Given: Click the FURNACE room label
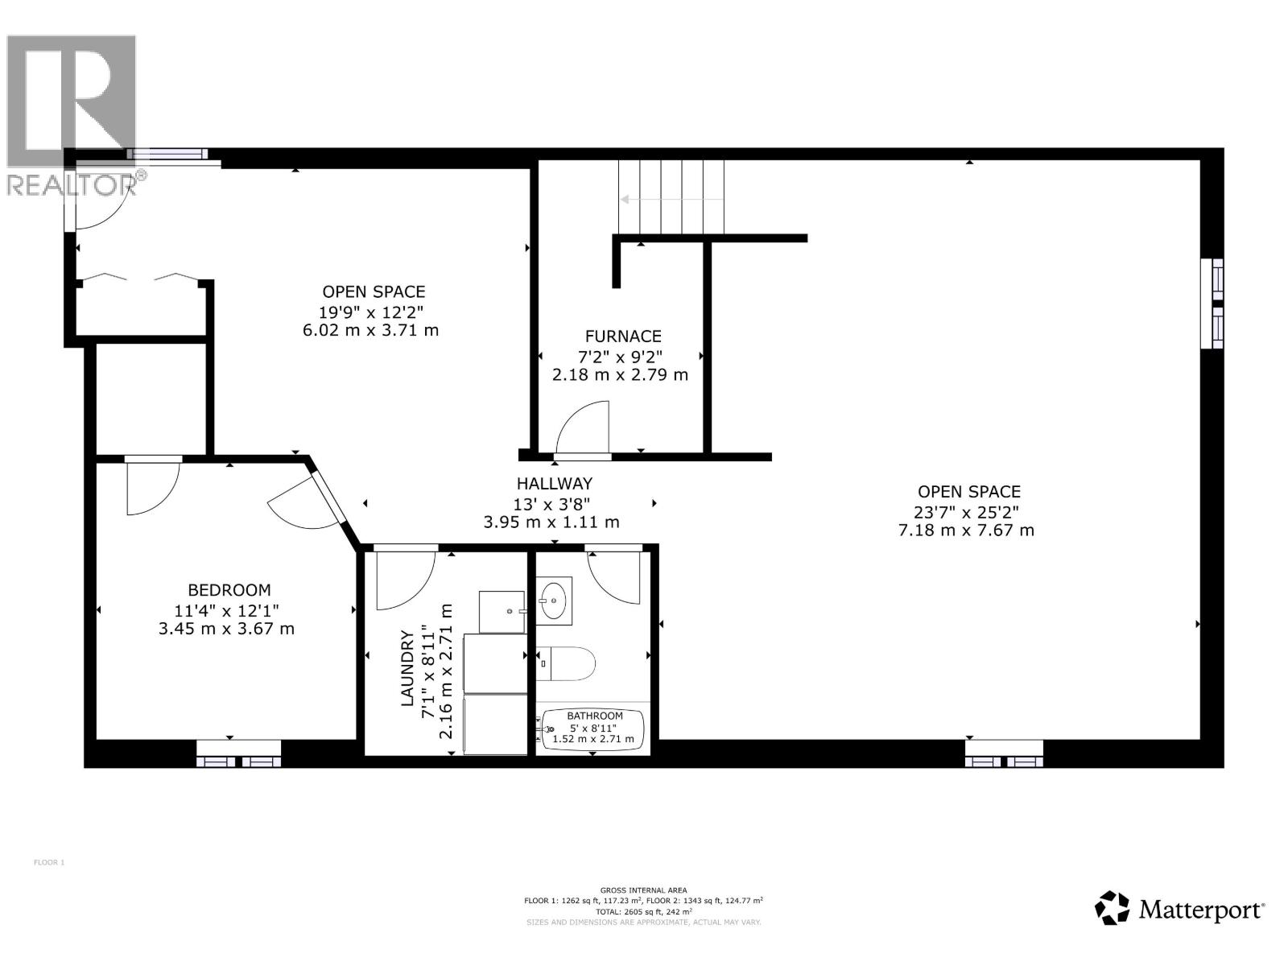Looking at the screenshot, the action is tap(622, 336).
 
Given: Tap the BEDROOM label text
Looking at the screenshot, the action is tap(229, 589).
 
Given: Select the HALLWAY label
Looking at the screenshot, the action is tap(554, 483).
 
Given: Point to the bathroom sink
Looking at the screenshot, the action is tap(553, 601).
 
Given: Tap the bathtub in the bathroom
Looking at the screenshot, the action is tap(592, 728).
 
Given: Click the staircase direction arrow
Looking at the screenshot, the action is tap(671, 200).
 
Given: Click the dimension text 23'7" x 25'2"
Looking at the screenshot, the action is tap(966, 511).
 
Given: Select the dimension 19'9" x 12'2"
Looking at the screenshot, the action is tap(371, 311).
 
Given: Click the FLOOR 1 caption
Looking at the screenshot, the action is tap(49, 862).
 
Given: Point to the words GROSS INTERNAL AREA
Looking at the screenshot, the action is tap(643, 890).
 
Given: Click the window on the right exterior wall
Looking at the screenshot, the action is tap(1212, 303).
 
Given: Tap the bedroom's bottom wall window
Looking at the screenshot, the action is tap(238, 753).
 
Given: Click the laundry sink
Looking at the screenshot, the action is tap(502, 612).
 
